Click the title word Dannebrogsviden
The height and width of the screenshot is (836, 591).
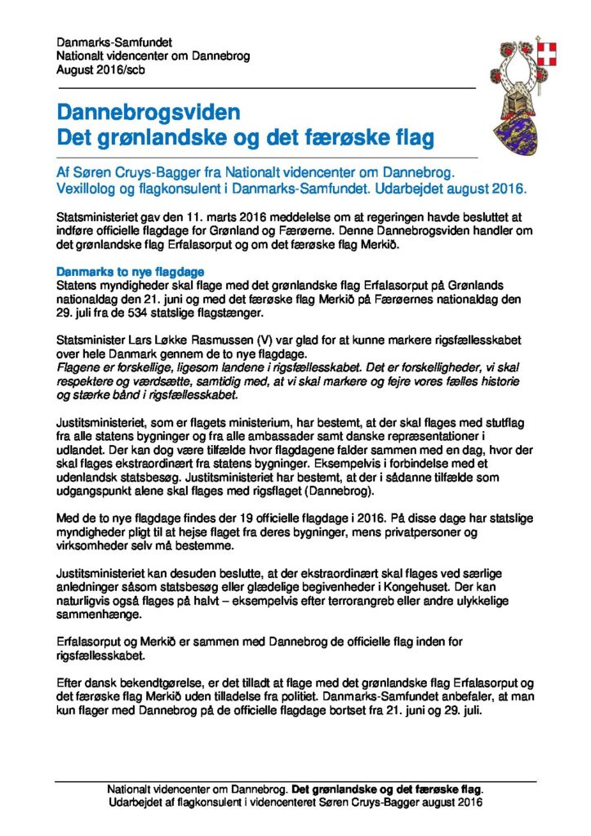(x=149, y=111)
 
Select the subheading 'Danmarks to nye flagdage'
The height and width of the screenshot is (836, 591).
(x=130, y=271)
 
